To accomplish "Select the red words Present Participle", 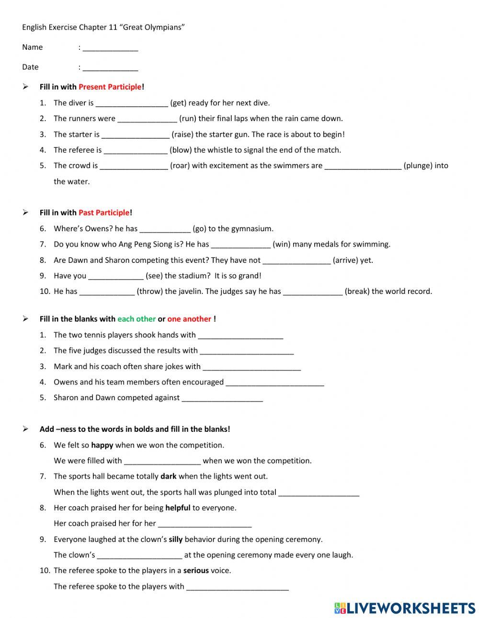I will (x=110, y=87).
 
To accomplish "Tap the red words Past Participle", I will (x=104, y=213).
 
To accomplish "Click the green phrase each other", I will (x=137, y=319).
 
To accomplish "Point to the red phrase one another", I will (x=189, y=319).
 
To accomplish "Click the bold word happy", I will (x=102, y=445).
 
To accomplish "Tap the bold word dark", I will (x=169, y=476).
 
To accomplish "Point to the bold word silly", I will (x=176, y=539).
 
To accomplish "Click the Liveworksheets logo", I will (x=404, y=607).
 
